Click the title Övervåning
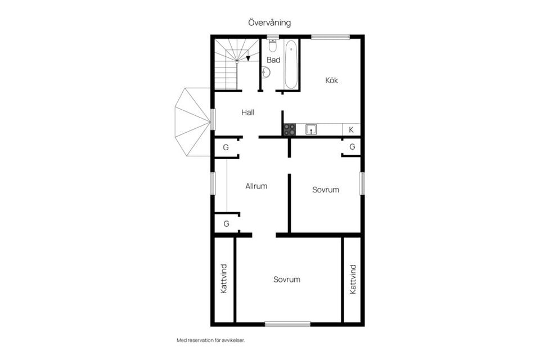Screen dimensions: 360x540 (x=269, y=22)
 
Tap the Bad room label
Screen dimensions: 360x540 (x=273, y=60)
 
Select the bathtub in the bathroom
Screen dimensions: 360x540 (x=290, y=65)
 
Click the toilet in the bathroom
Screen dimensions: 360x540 (x=273, y=46)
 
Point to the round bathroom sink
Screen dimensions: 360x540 (x=266, y=72)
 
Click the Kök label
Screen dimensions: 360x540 (x=332, y=80)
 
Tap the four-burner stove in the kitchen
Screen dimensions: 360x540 (x=289, y=130)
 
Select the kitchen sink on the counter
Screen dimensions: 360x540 (x=311, y=130)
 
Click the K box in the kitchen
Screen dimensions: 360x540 (x=351, y=130)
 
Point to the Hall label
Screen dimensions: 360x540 (x=248, y=112)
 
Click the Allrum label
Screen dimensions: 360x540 (x=256, y=186)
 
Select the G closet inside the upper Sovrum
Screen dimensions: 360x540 (x=352, y=147)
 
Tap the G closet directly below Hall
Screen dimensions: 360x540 (x=226, y=147)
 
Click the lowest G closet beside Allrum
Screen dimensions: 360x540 (x=226, y=223)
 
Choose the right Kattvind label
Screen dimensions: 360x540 (x=353, y=279)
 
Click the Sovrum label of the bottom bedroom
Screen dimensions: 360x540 (x=287, y=280)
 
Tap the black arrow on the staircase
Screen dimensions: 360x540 (x=249, y=57)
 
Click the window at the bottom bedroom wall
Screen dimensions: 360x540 (x=287, y=323)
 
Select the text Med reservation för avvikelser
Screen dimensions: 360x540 (x=211, y=340)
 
